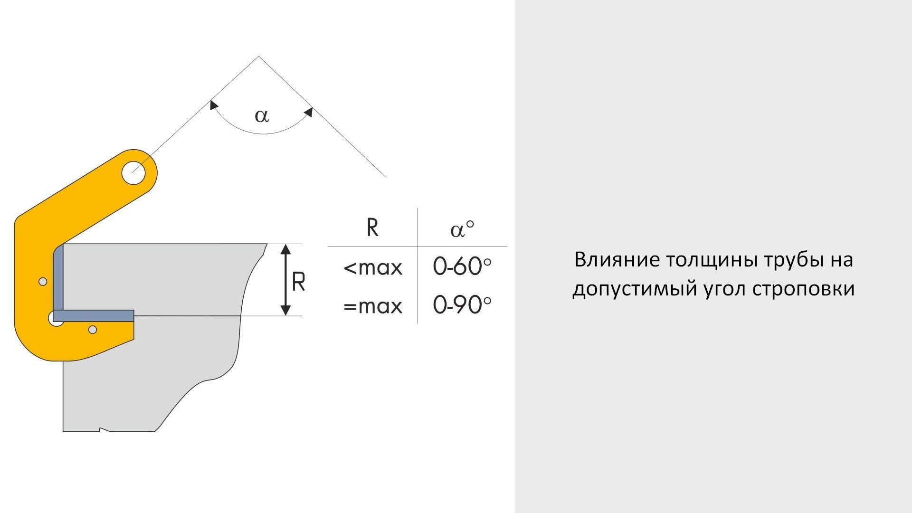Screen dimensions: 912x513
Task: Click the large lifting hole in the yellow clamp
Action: [133, 173]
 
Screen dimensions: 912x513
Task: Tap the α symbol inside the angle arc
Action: [262, 115]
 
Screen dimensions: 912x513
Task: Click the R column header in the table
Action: [373, 228]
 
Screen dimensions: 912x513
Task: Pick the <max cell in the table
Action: [373, 268]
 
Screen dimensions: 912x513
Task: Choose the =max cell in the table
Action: [373, 306]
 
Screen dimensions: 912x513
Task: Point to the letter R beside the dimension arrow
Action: [298, 282]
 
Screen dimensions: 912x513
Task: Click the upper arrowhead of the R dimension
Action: [285, 250]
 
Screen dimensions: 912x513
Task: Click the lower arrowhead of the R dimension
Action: [285, 309]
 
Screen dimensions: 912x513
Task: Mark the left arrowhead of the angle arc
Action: [214, 105]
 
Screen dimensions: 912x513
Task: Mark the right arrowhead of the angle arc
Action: [308, 112]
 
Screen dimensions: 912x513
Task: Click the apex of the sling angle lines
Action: [259, 57]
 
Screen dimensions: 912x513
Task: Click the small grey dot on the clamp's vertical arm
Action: [43, 282]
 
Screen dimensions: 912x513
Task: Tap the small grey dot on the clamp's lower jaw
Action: [93, 329]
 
